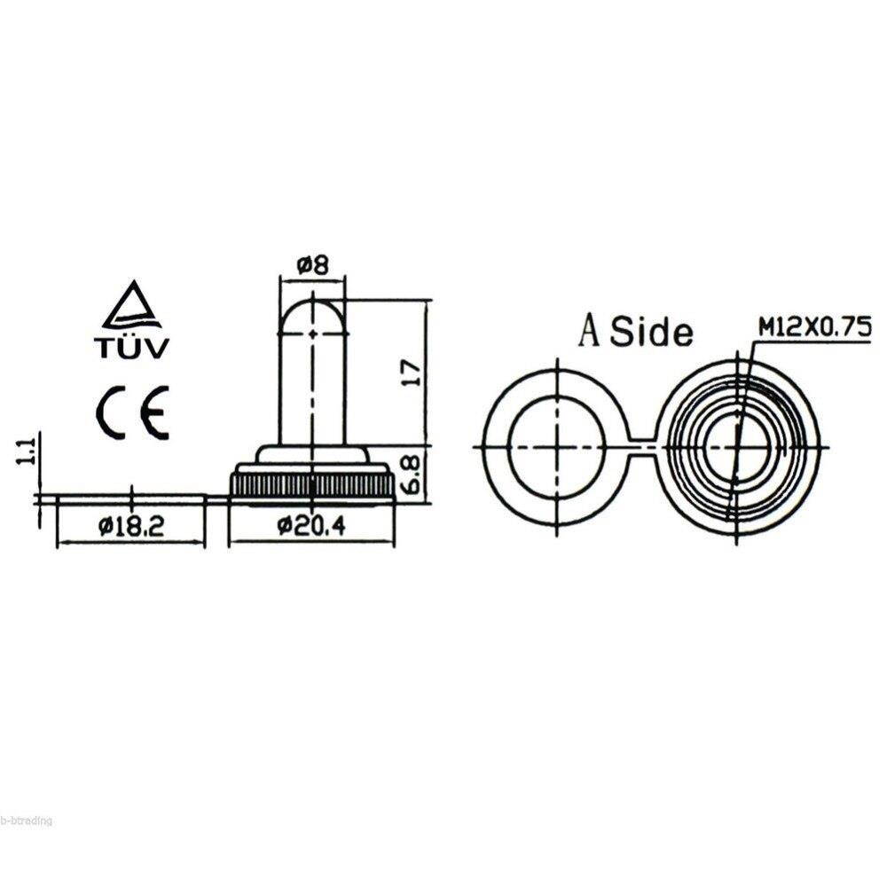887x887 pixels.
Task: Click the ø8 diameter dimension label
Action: coord(313,264)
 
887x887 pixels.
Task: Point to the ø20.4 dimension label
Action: coord(310,526)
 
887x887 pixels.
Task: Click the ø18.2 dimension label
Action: coord(131,526)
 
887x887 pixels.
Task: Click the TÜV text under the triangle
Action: coord(131,348)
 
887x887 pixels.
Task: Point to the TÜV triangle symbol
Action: coord(131,306)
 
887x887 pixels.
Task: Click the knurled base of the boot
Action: coord(312,484)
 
